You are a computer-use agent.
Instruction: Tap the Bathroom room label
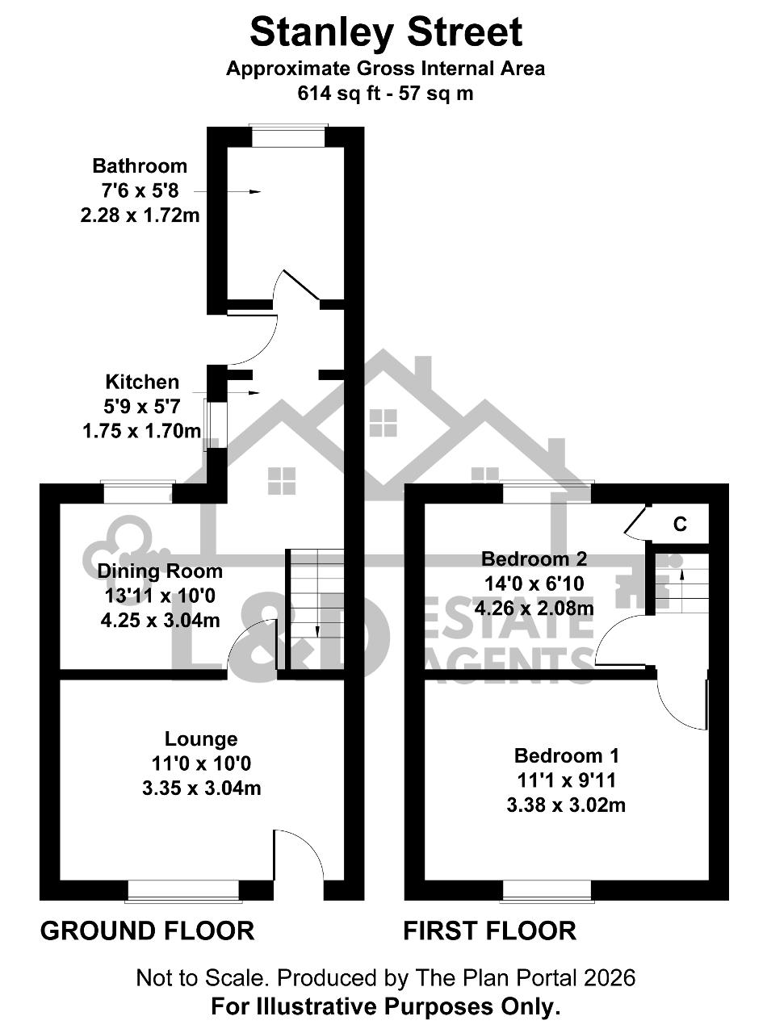click(140, 165)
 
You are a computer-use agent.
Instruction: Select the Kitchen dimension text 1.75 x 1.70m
click(141, 431)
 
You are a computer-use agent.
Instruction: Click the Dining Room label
click(160, 571)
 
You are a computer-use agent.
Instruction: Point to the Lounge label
click(201, 738)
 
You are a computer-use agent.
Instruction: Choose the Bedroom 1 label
click(566, 755)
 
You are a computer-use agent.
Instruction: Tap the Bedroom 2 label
click(534, 559)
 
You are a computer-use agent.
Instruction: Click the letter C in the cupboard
click(680, 525)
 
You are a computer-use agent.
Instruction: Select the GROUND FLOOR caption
click(147, 931)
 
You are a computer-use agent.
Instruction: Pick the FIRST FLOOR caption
click(490, 931)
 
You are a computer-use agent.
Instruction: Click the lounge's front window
click(183, 891)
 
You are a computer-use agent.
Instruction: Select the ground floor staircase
click(315, 609)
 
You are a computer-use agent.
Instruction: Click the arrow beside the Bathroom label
click(227, 191)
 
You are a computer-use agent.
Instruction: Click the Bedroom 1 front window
click(547, 891)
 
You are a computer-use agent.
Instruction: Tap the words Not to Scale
click(202, 978)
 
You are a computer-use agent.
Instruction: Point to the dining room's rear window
click(137, 493)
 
